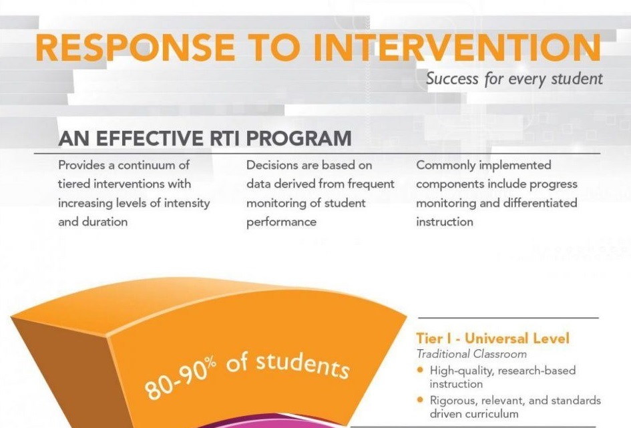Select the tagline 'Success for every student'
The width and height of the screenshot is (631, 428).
514,78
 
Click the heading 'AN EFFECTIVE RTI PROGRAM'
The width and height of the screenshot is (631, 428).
205,138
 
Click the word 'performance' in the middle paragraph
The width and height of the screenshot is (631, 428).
281,222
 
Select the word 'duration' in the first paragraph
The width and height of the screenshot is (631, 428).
105,222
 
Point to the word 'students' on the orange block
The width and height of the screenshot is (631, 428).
302,365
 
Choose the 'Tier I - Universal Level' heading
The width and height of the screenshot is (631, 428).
493,339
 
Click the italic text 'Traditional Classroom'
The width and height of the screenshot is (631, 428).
471,354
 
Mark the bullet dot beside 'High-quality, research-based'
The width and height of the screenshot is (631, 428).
421,370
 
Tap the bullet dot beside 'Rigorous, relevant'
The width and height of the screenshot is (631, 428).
421,400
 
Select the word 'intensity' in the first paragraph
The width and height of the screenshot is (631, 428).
187,204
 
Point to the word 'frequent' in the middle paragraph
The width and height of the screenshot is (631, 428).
371,184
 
